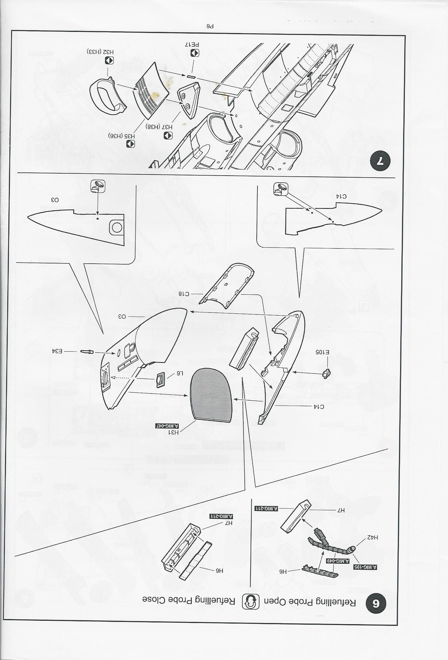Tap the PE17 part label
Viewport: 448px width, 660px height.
(x=192, y=45)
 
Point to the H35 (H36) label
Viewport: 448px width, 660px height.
(x=122, y=136)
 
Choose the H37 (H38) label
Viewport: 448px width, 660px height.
(x=159, y=127)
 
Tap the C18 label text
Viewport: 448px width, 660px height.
(x=184, y=294)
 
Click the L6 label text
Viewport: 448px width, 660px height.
(x=180, y=373)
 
